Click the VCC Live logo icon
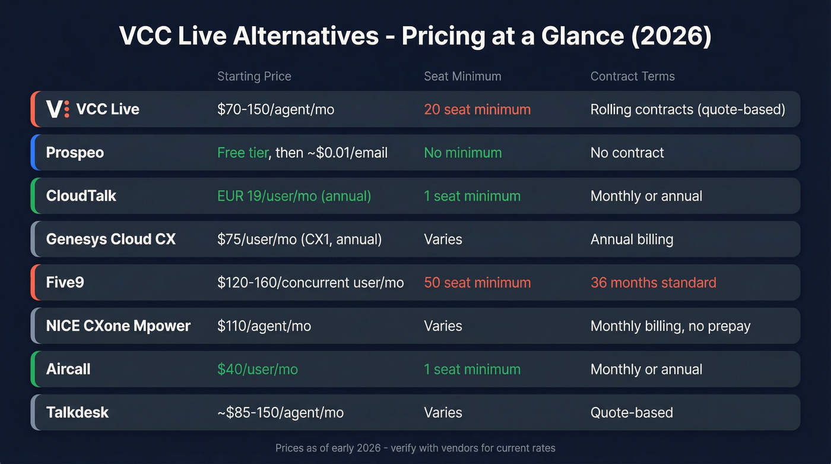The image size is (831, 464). click(58, 109)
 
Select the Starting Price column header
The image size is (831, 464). click(254, 76)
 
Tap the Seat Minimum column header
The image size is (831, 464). click(462, 76)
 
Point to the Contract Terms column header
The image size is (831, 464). click(632, 76)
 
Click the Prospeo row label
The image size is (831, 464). click(75, 153)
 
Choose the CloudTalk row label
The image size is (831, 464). click(81, 196)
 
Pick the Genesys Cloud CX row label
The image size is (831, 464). click(111, 239)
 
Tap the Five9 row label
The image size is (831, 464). click(65, 283)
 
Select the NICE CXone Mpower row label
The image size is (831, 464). click(118, 326)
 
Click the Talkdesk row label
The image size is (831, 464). click(77, 413)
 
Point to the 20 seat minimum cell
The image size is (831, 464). click(477, 109)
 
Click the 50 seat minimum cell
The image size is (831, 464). click(477, 283)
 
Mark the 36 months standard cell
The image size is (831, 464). click(653, 283)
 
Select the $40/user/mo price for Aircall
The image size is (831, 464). click(258, 370)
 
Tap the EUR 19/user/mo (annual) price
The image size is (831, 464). click(294, 196)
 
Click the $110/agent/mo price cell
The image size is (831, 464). click(264, 326)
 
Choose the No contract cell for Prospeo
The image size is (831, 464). click(627, 153)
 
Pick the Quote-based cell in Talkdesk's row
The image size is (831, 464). click(632, 413)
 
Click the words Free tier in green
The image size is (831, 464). click(243, 153)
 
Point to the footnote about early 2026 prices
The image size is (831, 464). click(415, 448)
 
